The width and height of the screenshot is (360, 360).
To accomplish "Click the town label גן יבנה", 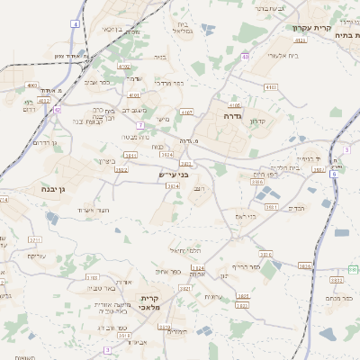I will click(34, 190).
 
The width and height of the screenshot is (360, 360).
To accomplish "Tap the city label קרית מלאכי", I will click(149, 303).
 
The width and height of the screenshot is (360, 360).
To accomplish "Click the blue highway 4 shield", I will click(76, 24).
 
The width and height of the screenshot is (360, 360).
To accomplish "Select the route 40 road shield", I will click(246, 58).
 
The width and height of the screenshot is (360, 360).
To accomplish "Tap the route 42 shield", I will click(58, 109).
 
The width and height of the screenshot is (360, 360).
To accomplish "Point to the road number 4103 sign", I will click(271, 86).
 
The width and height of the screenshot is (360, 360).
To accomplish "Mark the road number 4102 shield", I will click(123, 67).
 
